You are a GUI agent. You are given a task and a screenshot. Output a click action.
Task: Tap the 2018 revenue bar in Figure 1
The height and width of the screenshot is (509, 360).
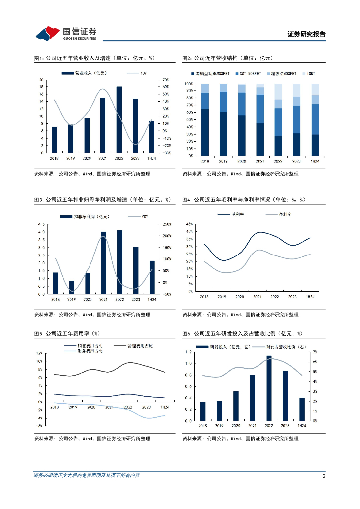(54, 140)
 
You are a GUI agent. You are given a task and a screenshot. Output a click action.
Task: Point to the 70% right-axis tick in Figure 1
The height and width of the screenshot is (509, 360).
(165, 80)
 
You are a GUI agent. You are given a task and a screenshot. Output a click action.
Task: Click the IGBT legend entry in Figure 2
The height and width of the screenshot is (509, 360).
(311, 73)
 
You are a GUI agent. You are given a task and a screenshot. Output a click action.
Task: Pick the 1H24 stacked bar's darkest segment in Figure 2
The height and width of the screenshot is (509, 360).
(315, 145)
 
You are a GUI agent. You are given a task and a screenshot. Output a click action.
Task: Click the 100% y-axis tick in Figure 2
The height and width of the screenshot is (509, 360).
(189, 84)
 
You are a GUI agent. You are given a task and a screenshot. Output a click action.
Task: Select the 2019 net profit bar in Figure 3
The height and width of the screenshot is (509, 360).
(71, 287)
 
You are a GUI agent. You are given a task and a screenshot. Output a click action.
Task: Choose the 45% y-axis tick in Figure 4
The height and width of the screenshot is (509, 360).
(189, 224)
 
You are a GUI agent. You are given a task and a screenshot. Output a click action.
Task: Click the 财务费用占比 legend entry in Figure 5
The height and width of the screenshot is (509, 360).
(90, 351)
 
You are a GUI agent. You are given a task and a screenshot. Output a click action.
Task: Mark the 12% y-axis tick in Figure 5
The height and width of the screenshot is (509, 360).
(39, 353)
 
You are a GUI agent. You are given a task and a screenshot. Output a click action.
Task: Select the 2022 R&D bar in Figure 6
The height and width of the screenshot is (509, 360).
(269, 388)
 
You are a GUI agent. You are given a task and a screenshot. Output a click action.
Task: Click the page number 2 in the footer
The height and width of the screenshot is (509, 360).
(324, 476)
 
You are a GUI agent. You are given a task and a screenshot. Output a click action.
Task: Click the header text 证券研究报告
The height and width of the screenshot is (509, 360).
(307, 34)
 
